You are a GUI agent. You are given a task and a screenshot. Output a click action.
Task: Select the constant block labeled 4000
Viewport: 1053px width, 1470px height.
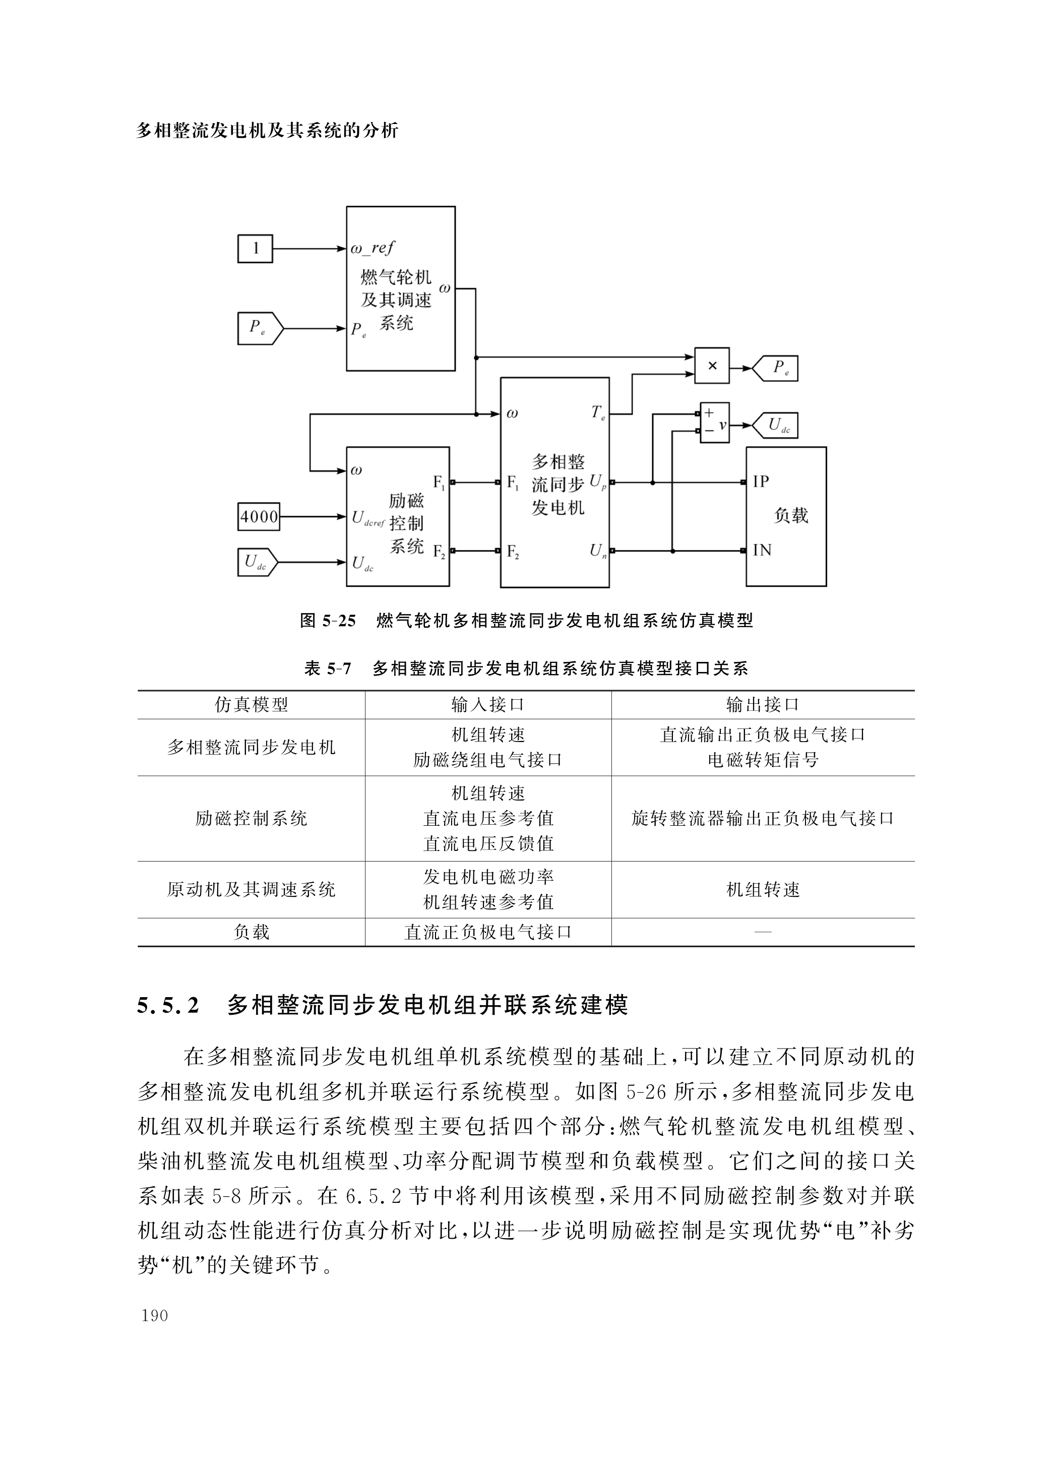point(259,517)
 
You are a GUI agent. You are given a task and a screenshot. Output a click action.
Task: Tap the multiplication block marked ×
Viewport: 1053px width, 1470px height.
point(712,366)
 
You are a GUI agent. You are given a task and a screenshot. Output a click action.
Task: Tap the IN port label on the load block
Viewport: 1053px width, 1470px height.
point(762,550)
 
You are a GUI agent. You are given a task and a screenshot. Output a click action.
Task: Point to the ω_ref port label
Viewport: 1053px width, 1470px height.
point(372,248)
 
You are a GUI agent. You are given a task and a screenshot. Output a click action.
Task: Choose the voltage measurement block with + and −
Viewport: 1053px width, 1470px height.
point(714,422)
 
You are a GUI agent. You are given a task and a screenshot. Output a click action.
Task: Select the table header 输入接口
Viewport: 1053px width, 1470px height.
point(487,705)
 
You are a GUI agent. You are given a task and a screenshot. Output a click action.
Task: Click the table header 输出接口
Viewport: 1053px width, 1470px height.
point(763,705)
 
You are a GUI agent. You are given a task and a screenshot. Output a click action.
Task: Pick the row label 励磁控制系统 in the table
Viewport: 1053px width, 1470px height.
point(251,819)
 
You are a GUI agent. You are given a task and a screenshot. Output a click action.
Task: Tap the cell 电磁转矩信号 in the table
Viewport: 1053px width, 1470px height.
point(763,760)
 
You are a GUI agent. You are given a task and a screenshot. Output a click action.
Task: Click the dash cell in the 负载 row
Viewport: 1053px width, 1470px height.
point(763,932)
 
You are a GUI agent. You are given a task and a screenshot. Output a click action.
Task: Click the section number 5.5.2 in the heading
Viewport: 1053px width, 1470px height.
point(168,1005)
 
